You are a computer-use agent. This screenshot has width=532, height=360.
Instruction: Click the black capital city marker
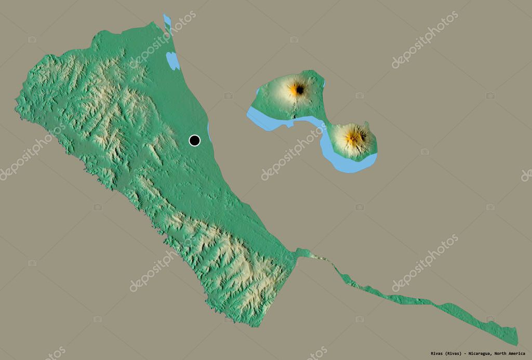(x=194, y=140)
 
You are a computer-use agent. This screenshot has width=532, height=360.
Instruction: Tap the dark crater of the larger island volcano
(x=300, y=90)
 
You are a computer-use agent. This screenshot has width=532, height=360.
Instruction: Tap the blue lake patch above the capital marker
(x=173, y=61)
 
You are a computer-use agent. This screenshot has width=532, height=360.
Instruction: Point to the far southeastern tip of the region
(x=517, y=343)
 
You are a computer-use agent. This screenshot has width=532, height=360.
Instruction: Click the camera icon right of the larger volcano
(x=360, y=96)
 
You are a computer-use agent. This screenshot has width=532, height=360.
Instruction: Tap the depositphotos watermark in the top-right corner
(x=425, y=39)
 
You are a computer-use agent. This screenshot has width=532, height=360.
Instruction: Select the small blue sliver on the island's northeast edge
(x=324, y=83)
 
